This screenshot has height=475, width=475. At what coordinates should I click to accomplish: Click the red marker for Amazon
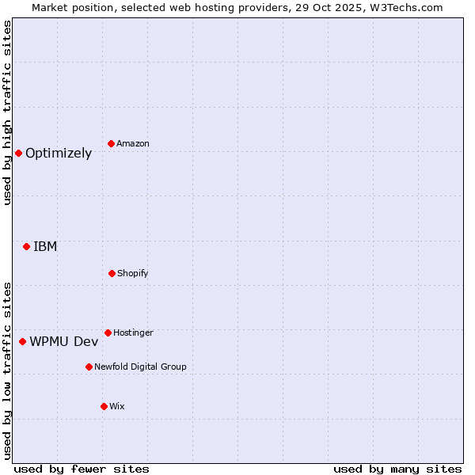tap(112, 143)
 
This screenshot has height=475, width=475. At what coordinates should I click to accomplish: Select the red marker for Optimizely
tap(18, 153)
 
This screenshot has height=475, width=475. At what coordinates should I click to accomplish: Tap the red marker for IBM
tap(26, 246)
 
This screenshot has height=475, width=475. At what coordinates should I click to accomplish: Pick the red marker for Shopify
tap(112, 273)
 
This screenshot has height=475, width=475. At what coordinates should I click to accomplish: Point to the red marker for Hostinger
tap(108, 332)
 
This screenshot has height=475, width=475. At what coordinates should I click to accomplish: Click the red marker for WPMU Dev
tap(22, 341)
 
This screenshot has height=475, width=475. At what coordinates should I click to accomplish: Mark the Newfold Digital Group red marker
tap(89, 367)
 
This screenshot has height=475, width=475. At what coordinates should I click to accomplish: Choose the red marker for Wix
tap(104, 406)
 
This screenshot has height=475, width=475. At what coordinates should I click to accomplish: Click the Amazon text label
tap(133, 143)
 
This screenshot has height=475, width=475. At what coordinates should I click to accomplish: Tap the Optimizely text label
tap(59, 153)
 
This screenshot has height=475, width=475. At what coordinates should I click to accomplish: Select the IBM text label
tap(45, 246)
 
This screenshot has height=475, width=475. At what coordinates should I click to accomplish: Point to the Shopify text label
tap(133, 273)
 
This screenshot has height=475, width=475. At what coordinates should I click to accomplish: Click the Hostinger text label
tap(133, 332)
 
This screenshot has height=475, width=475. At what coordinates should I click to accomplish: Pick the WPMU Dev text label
tap(64, 341)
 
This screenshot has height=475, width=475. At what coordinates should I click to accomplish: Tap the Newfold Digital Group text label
tap(140, 367)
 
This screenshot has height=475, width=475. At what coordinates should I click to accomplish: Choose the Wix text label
tap(117, 406)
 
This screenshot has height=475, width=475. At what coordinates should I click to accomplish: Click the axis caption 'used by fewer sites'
tap(82, 469)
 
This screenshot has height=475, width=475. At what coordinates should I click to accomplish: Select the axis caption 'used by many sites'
tap(397, 469)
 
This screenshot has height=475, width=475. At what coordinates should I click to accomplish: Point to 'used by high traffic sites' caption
tap(7, 112)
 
